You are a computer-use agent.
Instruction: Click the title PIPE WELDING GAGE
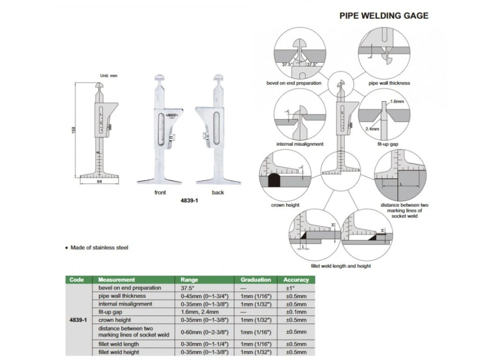click(384, 15)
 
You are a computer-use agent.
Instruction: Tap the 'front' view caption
click(160, 192)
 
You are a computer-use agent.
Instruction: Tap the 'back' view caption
click(217, 192)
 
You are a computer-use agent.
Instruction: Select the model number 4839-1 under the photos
click(189, 202)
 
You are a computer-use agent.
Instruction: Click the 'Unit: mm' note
click(108, 75)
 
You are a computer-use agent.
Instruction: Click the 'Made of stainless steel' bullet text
click(99, 248)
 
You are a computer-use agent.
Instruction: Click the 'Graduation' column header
click(256, 279)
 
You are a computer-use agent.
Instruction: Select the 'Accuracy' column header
click(296, 279)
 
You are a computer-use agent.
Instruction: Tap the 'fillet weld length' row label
click(119, 344)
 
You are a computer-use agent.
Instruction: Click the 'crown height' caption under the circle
click(285, 205)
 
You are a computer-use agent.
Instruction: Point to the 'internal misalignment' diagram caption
click(300, 144)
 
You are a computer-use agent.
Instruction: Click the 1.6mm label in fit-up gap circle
click(396, 102)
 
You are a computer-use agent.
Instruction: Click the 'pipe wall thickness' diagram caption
click(389, 83)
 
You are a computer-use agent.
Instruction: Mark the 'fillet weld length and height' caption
click(341, 265)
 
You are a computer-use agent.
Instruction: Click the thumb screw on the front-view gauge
click(177, 138)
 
